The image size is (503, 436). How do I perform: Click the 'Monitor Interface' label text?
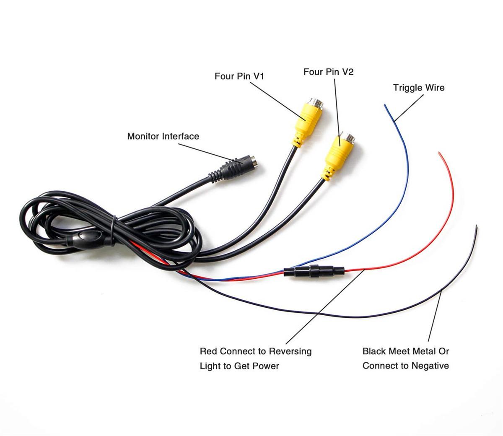pos(163,136)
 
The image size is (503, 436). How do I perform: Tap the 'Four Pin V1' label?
pos(239,76)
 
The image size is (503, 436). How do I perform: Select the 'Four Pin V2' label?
pos(328,72)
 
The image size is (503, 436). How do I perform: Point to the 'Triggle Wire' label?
pos(419,88)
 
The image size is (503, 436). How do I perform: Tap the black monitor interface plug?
pos(233,168)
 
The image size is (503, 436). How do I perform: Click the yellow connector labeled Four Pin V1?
pos(307,122)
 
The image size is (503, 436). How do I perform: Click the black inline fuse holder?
pos(314,271)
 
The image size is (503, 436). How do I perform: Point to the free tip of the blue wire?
pos(385,105)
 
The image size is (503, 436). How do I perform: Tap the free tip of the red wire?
pos(439,153)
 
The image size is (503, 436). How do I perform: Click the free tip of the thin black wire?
pos(477,226)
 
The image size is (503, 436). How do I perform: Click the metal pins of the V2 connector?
pos(348,138)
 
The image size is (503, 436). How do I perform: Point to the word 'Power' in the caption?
pos(266,366)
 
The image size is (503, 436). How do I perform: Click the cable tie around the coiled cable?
pos(113,231)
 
